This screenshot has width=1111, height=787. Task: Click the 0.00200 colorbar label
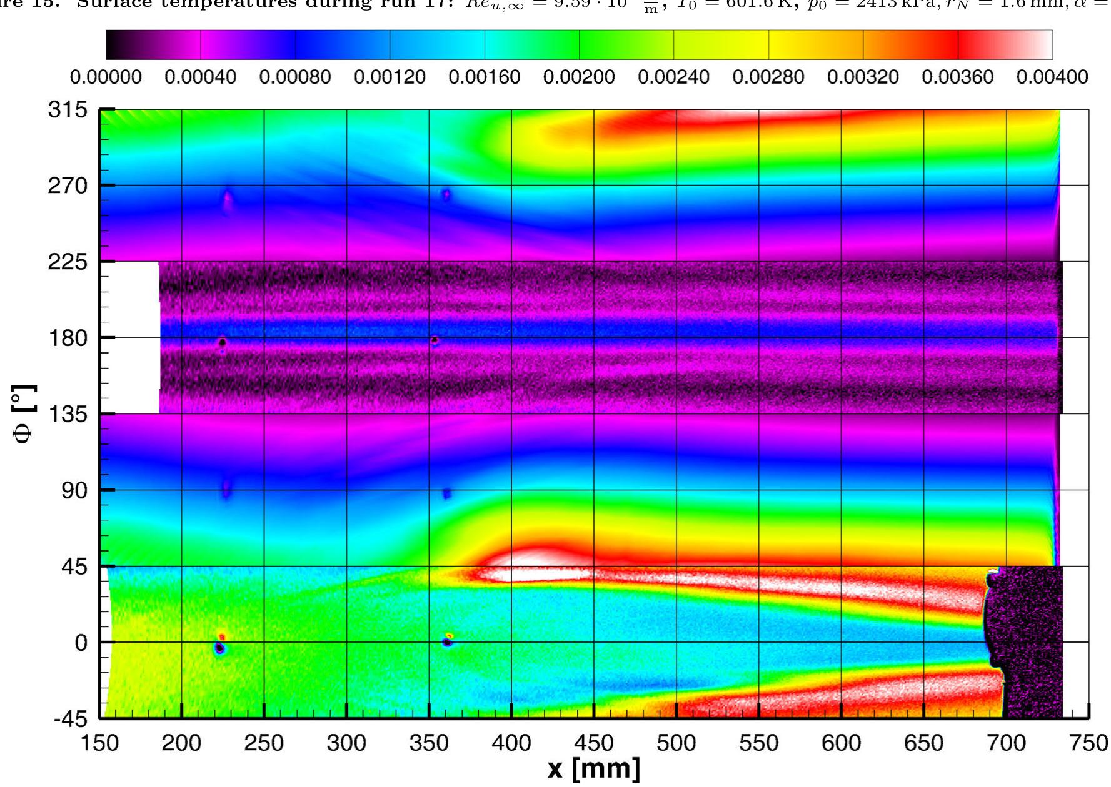579,78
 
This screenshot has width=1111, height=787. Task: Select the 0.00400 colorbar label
1052,78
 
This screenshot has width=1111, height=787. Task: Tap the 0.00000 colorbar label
106,78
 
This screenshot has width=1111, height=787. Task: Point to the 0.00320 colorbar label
863,78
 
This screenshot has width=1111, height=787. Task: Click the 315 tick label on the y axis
68,111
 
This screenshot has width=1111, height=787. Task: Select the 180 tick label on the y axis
68,338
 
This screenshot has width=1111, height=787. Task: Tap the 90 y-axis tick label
74,490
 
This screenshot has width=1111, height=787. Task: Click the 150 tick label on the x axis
100,743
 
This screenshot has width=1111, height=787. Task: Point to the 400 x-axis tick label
511,743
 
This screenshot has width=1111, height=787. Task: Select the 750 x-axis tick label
1088,743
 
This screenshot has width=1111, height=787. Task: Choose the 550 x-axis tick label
759,743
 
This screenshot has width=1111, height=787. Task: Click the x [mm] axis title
593,769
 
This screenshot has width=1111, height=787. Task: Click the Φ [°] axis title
26,413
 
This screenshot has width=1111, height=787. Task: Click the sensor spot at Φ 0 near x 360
448,641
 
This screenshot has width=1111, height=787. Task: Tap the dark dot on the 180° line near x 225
222,342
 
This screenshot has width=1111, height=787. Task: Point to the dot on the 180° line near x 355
435,341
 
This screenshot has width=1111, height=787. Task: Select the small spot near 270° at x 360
446,195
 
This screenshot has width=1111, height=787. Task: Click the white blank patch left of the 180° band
134,337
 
